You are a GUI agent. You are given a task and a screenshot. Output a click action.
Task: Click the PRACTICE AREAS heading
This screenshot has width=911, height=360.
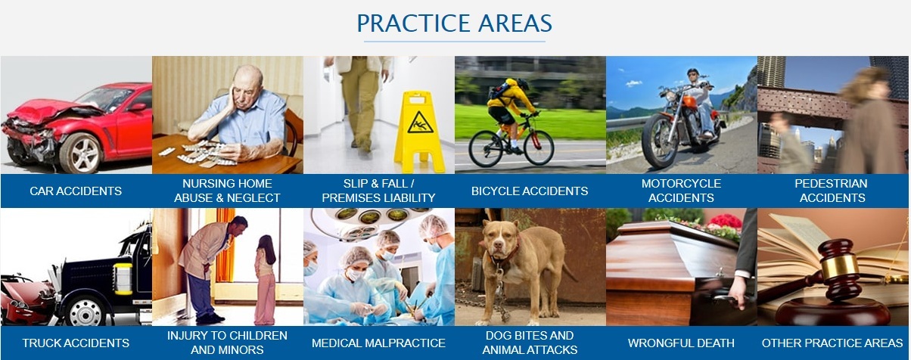(x=454, y=23)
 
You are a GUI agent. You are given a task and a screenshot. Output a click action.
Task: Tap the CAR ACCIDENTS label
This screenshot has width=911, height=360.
(x=76, y=191)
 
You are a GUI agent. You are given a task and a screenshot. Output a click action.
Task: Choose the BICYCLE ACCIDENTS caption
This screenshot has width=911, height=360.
(x=530, y=191)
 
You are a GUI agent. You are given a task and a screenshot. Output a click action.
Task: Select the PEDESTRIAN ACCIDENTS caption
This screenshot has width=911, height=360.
(x=832, y=191)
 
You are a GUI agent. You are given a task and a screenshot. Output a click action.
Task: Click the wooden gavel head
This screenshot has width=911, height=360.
(x=838, y=263)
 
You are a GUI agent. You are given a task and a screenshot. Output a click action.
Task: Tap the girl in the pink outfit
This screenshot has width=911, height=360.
(x=265, y=280)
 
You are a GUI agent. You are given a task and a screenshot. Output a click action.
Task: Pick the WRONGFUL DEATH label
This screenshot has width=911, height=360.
(x=681, y=343)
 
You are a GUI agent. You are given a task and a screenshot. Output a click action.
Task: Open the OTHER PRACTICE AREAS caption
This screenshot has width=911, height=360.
(x=832, y=343)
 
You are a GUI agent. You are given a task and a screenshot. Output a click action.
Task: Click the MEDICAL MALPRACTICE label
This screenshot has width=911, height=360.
(x=378, y=343)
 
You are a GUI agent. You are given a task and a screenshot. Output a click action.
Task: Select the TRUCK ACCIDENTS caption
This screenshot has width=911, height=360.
(x=76, y=343)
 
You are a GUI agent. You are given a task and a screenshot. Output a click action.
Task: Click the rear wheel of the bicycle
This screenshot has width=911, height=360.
(x=486, y=148)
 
